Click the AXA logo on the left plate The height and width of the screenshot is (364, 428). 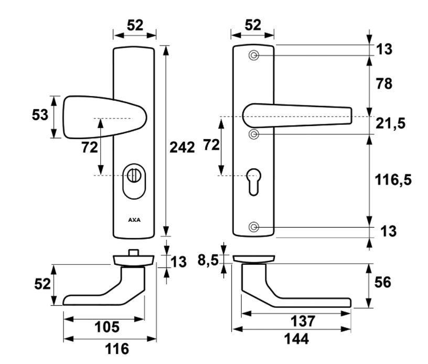134,220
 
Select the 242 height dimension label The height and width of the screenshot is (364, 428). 182,147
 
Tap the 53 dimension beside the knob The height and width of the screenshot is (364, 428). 40,115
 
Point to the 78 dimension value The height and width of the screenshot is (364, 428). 384,83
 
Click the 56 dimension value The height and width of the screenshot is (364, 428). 383,283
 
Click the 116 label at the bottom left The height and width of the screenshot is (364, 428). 113,348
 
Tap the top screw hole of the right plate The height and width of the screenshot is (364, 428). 254,56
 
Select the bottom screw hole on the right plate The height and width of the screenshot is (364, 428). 254,227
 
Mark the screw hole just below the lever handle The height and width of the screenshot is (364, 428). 254,135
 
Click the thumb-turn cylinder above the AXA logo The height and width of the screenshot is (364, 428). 134,175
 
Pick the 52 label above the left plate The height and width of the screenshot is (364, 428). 135,25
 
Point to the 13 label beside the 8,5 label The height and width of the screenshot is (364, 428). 178,262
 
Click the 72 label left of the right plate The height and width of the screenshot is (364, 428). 211,145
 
